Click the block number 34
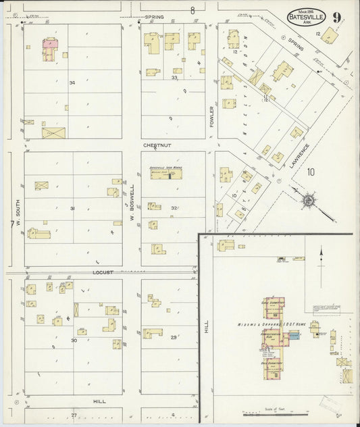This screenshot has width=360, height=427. click(x=72, y=82)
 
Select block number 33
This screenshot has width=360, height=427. click(x=174, y=78)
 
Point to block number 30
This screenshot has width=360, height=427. click(x=74, y=340)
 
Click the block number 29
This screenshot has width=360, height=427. click(x=174, y=336)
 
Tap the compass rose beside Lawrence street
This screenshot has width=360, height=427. click(x=308, y=201)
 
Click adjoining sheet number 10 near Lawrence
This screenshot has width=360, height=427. click(x=310, y=172)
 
